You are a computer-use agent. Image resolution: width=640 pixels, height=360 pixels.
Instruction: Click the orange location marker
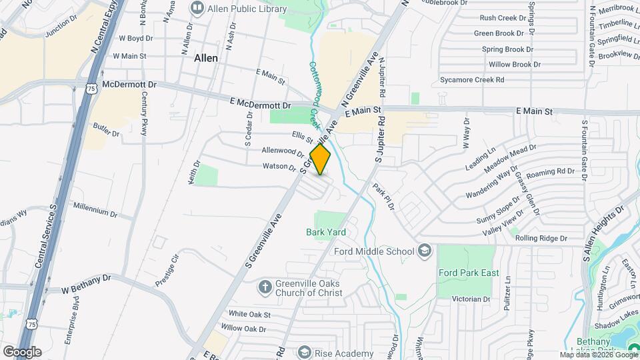click(x=321, y=159)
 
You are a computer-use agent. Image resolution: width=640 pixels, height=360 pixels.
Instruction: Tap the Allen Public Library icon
click(x=197, y=7)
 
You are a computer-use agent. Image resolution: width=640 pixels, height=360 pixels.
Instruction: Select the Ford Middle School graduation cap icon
click(x=425, y=251)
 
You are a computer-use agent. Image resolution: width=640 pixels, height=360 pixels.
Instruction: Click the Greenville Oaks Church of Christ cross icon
click(x=265, y=287)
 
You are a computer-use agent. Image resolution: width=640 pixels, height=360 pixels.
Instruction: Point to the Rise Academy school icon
click(x=305, y=352)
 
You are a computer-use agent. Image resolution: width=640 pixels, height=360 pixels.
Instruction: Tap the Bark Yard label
click(x=326, y=232)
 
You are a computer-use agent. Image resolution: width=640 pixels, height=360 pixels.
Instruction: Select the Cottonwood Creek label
click(x=313, y=94)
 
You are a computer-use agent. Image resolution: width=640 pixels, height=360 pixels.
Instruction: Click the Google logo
click(x=22, y=351)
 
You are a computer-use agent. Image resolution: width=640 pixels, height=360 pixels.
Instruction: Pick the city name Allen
click(x=205, y=58)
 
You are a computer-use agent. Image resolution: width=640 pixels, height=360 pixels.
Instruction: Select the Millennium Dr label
click(x=95, y=211)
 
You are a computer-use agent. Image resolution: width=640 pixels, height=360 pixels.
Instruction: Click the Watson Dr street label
click(x=279, y=166)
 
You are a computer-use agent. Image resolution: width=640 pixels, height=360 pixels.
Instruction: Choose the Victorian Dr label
click(x=471, y=299)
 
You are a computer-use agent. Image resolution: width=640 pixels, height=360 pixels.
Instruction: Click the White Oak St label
click(x=249, y=314)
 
